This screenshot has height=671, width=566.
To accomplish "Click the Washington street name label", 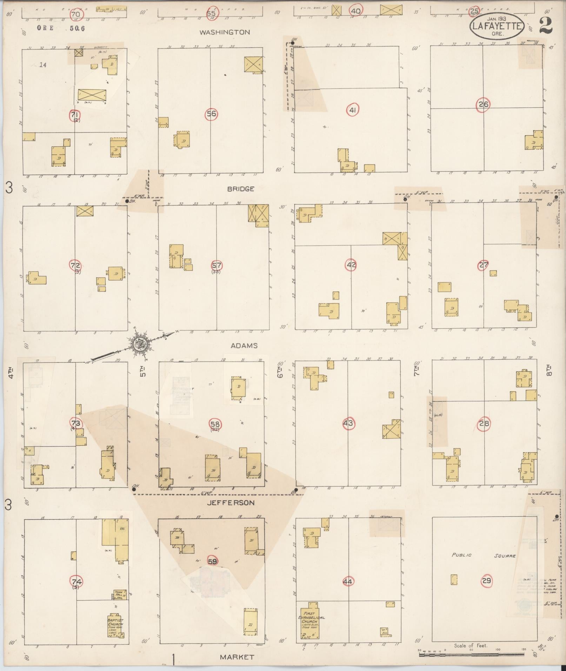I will pos(225,32).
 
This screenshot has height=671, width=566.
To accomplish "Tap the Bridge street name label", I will pos(240,189).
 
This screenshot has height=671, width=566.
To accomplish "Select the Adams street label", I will pos(244,345).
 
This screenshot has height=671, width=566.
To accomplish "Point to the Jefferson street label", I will pos(230,503).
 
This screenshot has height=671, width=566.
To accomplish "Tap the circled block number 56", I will pos(211,114).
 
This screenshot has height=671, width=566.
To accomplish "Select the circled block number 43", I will pos(348,423).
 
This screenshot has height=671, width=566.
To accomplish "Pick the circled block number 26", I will pos(483,104).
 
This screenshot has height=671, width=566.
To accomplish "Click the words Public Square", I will pos(483,556).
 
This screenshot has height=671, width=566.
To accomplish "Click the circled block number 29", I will pos(486,581).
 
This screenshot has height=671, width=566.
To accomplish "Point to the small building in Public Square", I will pos(454,579).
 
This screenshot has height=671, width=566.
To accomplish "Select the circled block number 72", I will pos(76,266).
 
